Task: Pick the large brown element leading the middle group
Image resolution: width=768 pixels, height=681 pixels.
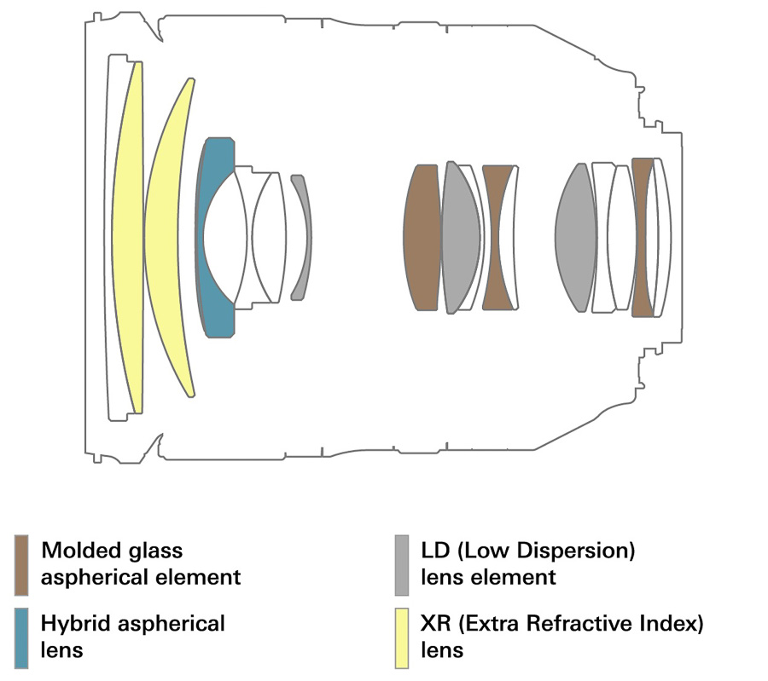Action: pos(422,238)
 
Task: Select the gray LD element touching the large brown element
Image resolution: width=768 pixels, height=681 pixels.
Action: pos(461,238)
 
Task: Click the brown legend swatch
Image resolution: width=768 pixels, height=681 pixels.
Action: pos(21,565)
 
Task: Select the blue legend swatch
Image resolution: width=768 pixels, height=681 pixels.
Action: pos(21,638)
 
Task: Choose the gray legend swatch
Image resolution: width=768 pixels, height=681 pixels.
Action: pos(402,565)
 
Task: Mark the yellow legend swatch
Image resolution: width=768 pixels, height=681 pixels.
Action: pos(402,638)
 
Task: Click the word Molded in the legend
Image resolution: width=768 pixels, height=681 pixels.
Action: pos(81,551)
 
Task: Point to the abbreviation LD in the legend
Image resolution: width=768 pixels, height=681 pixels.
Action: pos(435,551)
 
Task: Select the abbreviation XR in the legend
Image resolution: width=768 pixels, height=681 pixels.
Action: pos(435,624)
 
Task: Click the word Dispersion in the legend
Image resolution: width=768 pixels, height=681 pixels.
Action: pos(573,551)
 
